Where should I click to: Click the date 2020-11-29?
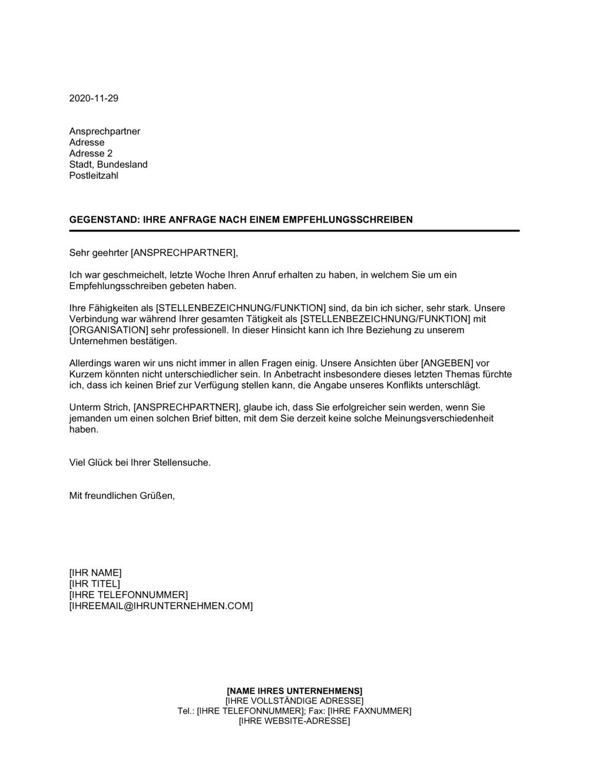[94, 98]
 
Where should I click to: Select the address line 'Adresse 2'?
[91, 154]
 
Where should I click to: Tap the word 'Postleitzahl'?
[94, 176]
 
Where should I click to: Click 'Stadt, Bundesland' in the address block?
[108, 164]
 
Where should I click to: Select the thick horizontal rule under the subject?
[294, 230]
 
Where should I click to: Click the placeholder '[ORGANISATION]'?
[103, 330]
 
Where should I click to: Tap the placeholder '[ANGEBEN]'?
[432, 364]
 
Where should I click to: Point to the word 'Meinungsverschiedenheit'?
[439, 418]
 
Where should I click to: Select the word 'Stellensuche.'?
[182, 462]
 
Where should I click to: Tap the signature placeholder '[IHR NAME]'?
[95, 573]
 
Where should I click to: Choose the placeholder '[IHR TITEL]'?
[94, 584]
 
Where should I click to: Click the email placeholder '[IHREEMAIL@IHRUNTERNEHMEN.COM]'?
[161, 606]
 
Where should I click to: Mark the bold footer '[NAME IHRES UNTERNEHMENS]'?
[294, 690]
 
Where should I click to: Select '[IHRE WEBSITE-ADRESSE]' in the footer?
[294, 721]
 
